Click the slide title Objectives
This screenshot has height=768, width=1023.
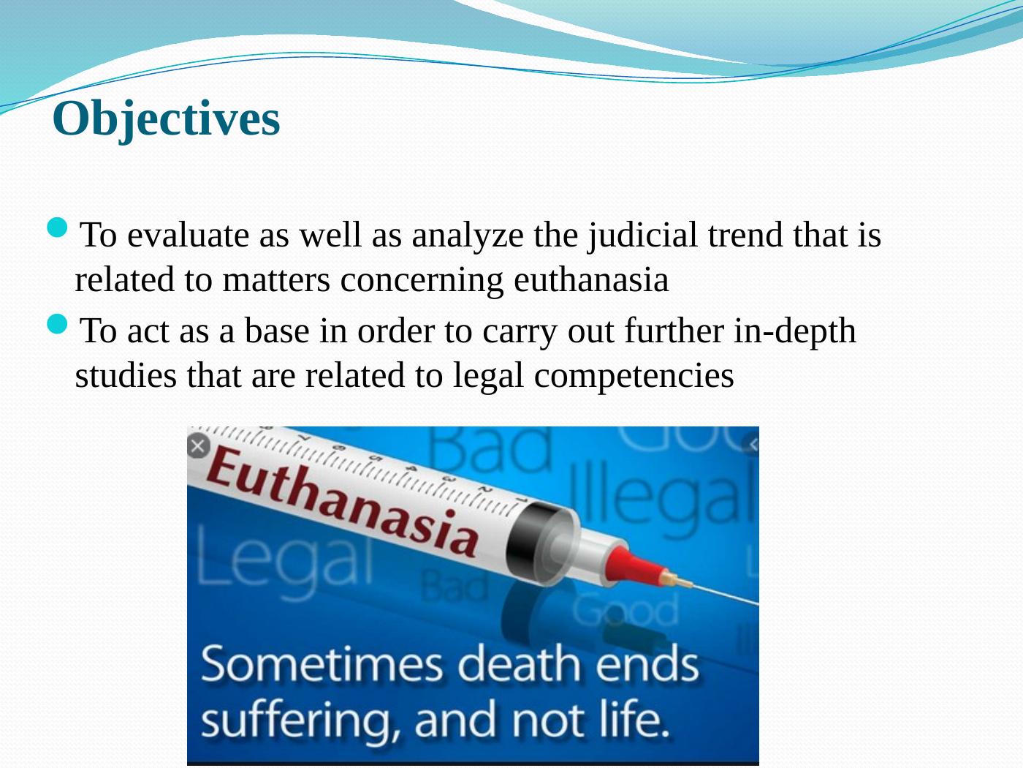(x=167, y=118)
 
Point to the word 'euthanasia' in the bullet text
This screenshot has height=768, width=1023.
(x=591, y=280)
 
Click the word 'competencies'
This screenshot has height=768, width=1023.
(x=634, y=376)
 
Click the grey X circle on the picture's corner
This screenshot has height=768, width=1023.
(x=198, y=445)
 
